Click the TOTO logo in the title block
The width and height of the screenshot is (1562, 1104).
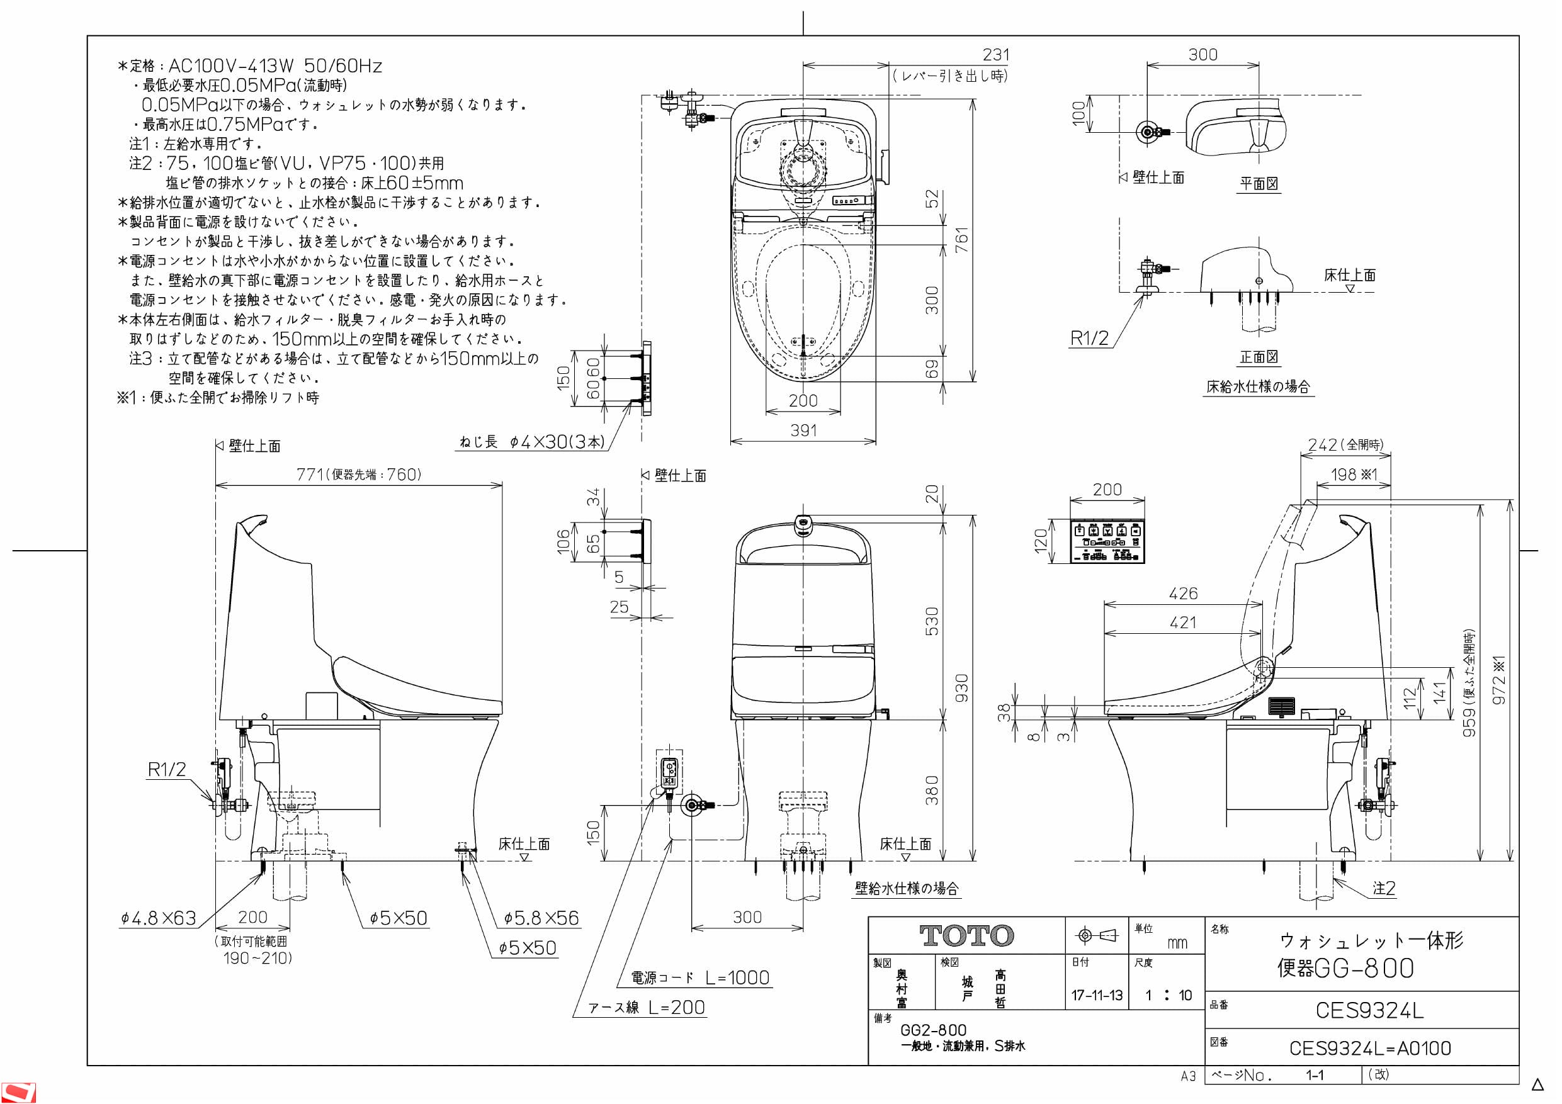(966, 935)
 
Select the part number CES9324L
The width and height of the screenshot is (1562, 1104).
(1369, 1010)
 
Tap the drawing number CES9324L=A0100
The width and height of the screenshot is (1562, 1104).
(1369, 1048)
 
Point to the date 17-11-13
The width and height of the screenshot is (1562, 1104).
(1097, 995)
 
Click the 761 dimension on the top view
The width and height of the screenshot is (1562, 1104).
(961, 240)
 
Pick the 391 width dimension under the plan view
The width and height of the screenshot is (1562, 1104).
(803, 430)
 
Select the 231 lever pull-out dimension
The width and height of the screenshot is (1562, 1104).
(996, 54)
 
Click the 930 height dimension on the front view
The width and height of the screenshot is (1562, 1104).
(961, 689)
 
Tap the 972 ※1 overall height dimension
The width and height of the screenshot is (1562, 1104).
(1499, 680)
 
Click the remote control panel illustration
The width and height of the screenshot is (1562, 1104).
(1107, 541)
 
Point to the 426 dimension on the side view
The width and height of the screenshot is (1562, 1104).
(1183, 593)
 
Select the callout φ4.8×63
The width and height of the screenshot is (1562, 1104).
(159, 918)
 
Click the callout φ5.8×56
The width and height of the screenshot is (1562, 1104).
(541, 918)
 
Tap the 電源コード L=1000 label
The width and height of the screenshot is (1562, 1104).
(700, 977)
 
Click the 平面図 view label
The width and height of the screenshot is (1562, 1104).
(1259, 184)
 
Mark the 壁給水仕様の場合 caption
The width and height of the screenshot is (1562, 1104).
(906, 888)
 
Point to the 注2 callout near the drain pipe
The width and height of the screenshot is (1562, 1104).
(1384, 888)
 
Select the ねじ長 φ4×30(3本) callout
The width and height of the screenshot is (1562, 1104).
(532, 442)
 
